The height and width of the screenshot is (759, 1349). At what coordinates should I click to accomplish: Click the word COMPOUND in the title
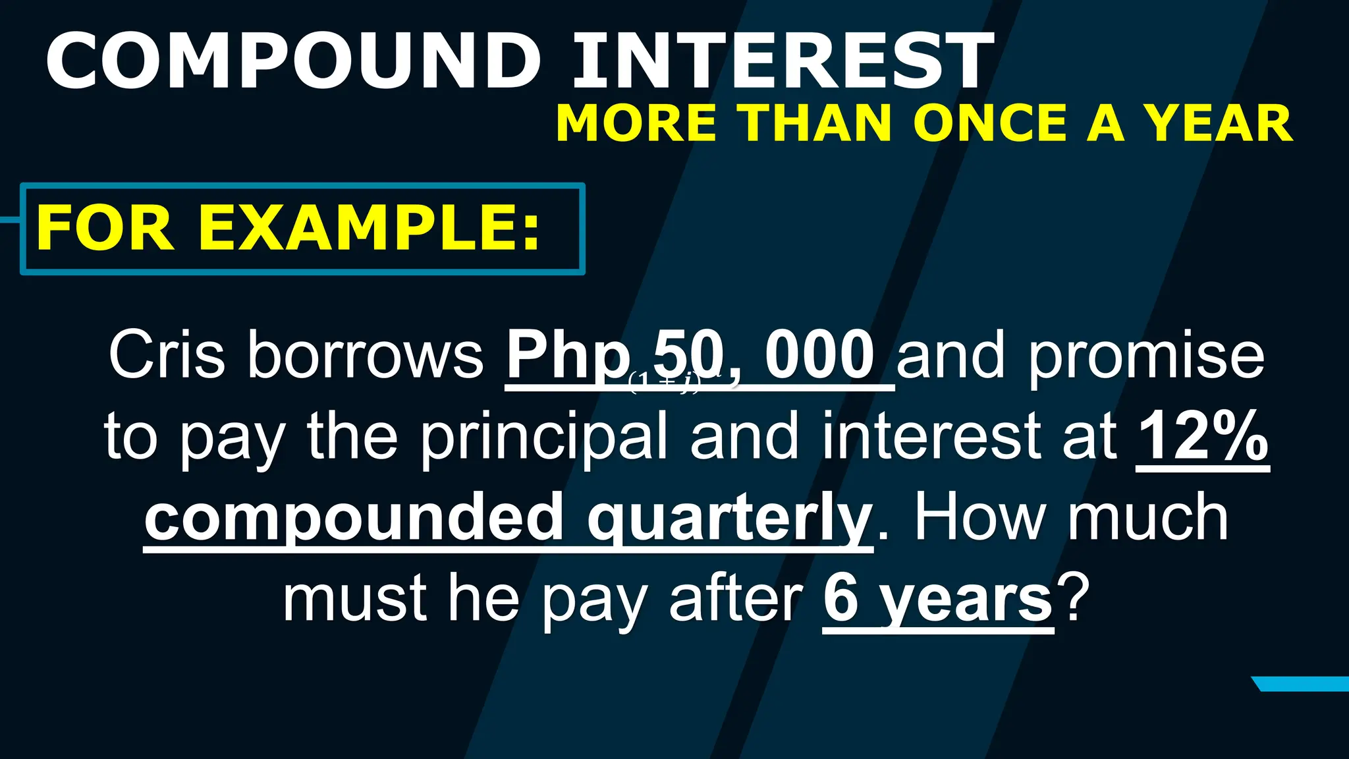coord(293,61)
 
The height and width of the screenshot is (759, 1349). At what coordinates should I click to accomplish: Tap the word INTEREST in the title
coord(783,61)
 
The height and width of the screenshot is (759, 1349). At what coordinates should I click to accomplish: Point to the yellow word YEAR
coord(1217,124)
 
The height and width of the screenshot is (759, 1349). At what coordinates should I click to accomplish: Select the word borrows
coord(366,356)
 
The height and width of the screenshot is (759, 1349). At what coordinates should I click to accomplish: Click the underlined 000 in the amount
coord(819,356)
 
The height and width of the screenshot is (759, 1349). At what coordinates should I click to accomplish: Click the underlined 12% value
coord(1203,436)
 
